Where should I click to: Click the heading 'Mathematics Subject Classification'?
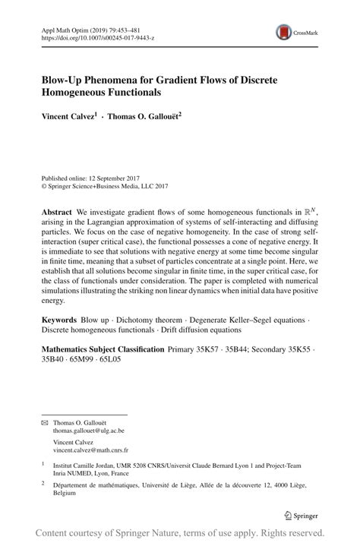pos(103,349)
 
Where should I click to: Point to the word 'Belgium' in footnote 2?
pos(65,492)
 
